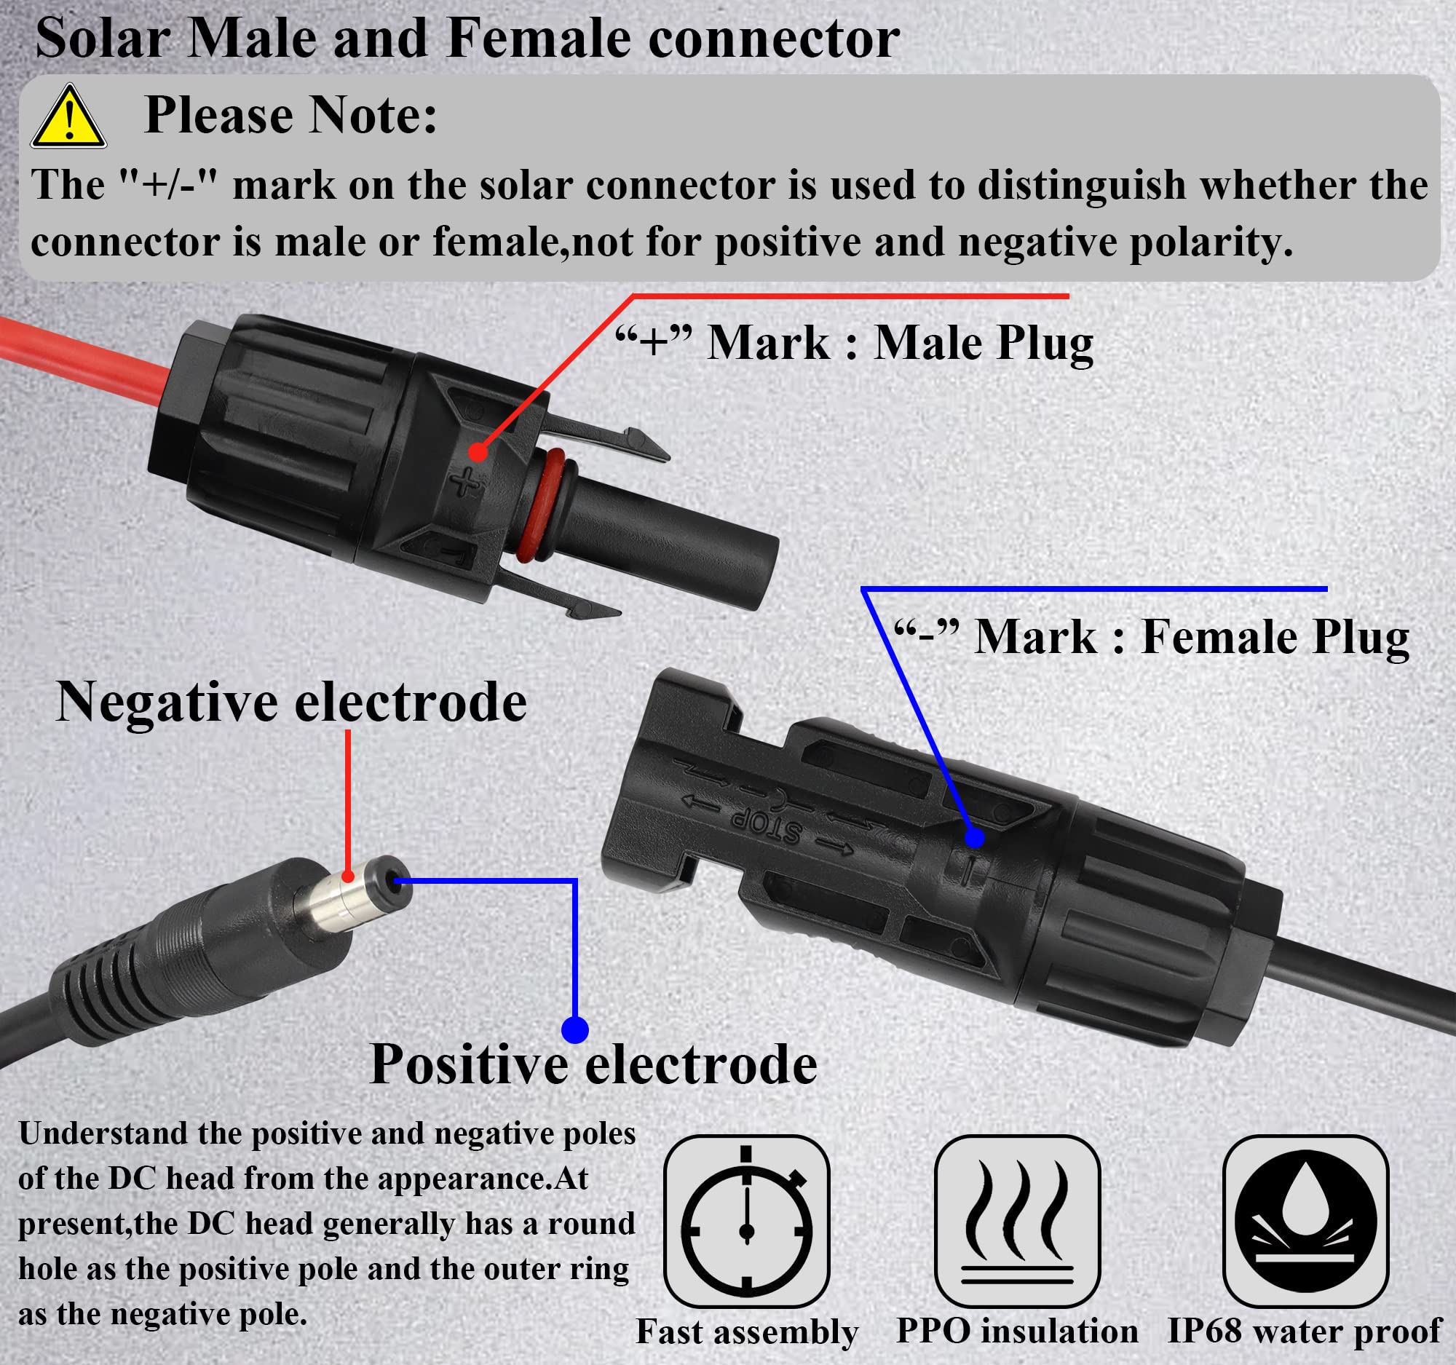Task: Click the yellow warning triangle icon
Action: (68, 118)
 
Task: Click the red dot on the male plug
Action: (478, 452)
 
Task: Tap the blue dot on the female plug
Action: (974, 837)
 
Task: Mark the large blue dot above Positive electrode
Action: (575, 1029)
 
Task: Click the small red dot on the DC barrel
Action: (348, 876)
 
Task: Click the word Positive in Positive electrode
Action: (469, 1064)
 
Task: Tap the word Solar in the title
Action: (102, 38)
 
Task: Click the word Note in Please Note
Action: (373, 115)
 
